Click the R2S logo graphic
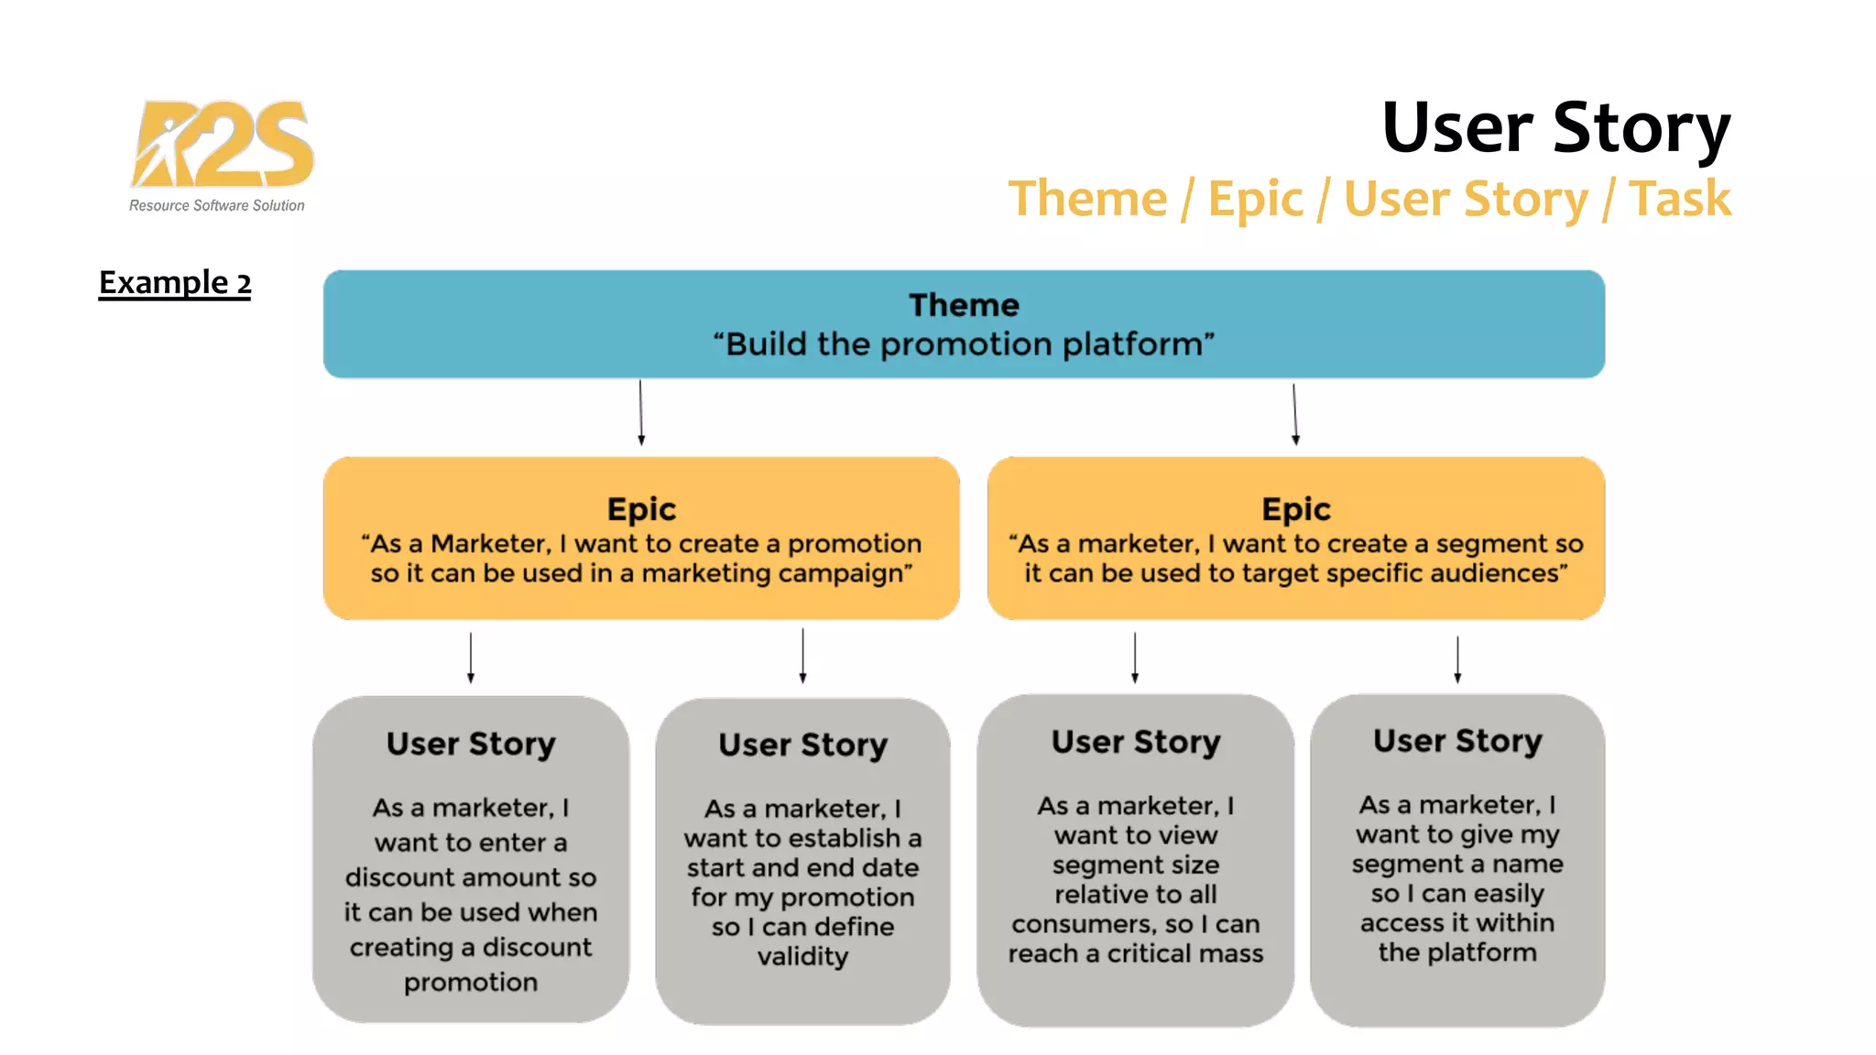(x=223, y=144)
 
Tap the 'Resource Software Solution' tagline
(x=217, y=206)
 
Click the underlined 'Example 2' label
(x=174, y=282)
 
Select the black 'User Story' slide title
(x=1555, y=127)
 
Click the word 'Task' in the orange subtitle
(x=1679, y=199)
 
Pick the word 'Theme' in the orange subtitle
(x=1087, y=199)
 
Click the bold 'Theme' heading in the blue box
(x=964, y=305)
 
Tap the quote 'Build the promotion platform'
(x=964, y=344)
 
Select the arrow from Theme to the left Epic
(x=640, y=412)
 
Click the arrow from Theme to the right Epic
(x=1294, y=414)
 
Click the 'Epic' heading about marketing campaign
(x=641, y=509)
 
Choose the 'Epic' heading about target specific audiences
(x=1295, y=509)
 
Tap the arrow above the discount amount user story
(x=471, y=657)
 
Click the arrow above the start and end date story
(x=802, y=655)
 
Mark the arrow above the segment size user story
(x=1135, y=657)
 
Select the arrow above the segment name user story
(x=1457, y=658)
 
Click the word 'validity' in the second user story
(x=802, y=956)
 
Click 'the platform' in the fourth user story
(x=1456, y=952)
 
